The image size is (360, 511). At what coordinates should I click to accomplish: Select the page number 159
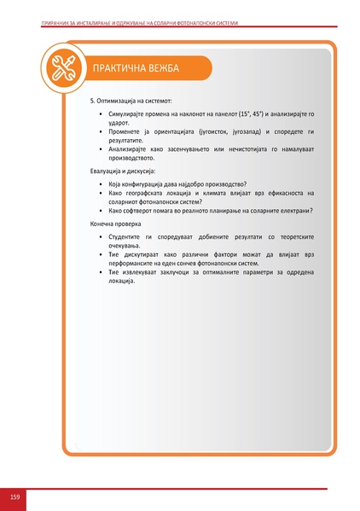(15, 496)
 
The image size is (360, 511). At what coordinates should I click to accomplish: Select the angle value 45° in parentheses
(258, 113)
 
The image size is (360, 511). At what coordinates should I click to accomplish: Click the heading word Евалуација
(109, 171)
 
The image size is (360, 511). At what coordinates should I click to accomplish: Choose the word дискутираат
(142, 254)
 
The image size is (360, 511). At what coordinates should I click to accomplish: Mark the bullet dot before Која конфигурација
(102, 184)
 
